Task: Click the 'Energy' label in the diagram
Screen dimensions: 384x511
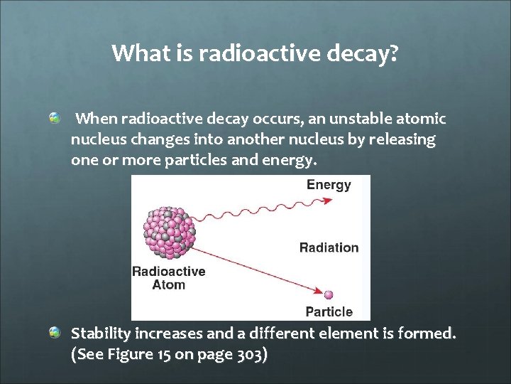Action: point(329,185)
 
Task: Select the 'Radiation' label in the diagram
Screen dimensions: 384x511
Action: point(329,247)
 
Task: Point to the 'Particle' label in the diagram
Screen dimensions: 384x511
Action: point(329,311)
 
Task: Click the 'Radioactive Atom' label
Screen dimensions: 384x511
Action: point(169,278)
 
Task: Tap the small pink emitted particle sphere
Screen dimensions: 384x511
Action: point(328,294)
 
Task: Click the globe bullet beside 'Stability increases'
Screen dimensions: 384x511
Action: point(55,331)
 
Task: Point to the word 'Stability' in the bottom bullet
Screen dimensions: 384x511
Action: point(100,333)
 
